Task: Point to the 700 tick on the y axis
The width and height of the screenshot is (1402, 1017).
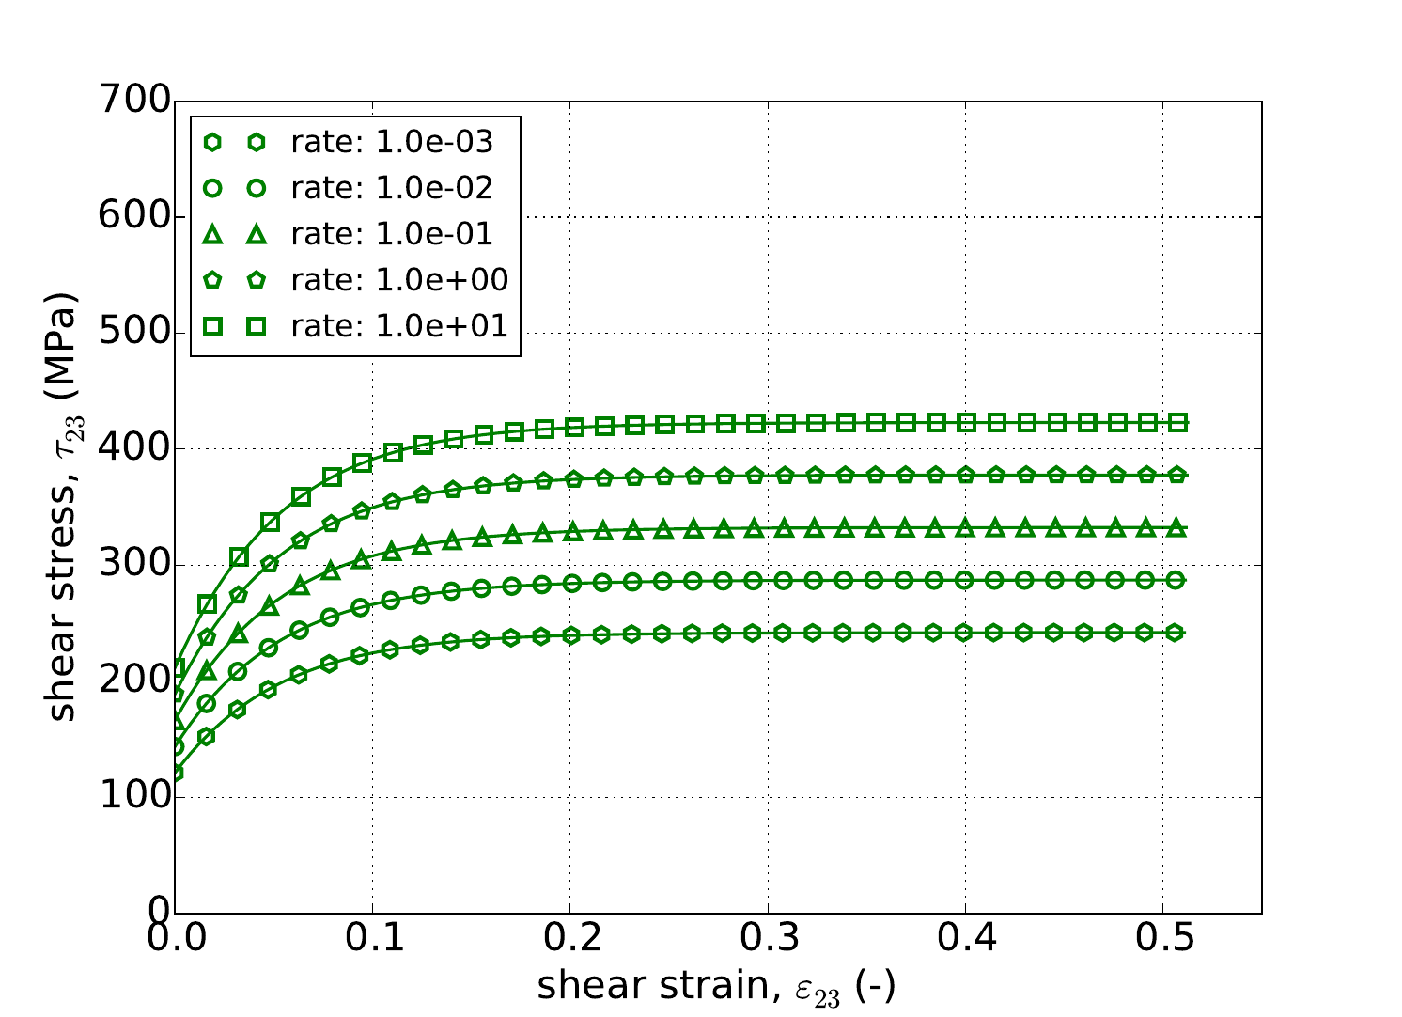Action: click(x=135, y=101)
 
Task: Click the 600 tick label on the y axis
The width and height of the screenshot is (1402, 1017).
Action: click(x=135, y=217)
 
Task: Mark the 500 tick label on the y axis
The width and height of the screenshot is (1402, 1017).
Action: click(x=135, y=333)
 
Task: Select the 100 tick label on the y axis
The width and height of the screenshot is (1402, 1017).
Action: click(x=135, y=797)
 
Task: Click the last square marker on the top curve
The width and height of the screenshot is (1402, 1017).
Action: click(x=1176, y=423)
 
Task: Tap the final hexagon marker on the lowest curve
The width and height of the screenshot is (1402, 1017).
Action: click(x=1175, y=633)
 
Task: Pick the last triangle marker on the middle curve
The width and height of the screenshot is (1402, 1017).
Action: click(x=1175, y=528)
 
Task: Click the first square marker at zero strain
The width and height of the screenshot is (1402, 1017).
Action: click(x=177, y=668)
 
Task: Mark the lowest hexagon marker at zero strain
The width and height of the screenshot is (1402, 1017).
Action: click(x=176, y=773)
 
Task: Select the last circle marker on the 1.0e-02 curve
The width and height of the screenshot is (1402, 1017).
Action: click(x=1175, y=580)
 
